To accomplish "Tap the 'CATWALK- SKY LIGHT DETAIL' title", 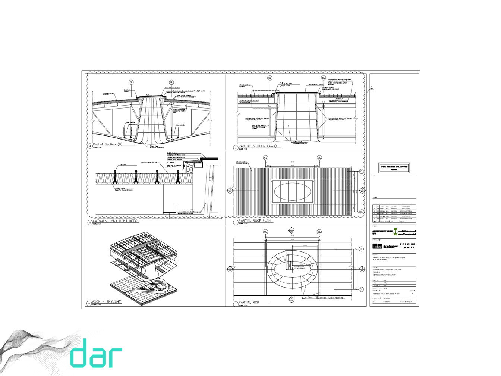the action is (116, 221).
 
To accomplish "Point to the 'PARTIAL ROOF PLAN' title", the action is (255, 221).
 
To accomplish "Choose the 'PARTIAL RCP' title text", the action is (249, 303).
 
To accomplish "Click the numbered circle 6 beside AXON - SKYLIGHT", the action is (89, 304).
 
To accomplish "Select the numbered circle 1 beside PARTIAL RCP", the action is (236, 304).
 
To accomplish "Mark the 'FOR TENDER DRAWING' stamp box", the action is (394, 167).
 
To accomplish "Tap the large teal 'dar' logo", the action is (96, 353).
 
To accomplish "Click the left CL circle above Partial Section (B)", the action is (131, 82).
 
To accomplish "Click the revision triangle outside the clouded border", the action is (371, 89).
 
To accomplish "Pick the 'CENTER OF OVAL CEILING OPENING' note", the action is (299, 267).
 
